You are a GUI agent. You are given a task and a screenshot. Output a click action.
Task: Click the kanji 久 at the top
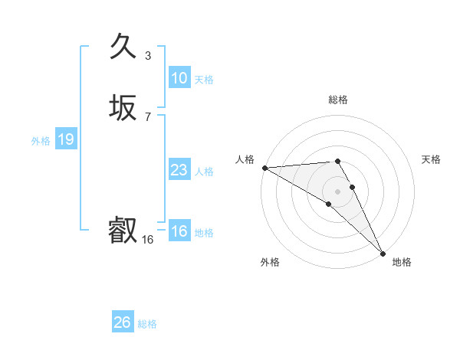pyautogui.click(x=123, y=47)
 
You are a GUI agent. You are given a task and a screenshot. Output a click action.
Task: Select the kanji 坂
pyautogui.click(x=123, y=108)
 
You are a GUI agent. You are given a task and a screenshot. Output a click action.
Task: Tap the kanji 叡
pyautogui.click(x=123, y=230)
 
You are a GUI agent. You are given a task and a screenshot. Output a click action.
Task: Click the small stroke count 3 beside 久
pyautogui.click(x=148, y=56)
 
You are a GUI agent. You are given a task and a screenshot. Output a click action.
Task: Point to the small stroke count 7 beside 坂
pyautogui.click(x=148, y=117)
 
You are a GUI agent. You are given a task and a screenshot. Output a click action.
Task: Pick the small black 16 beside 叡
pyautogui.click(x=148, y=240)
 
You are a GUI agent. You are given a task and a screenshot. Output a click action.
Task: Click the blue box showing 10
pyautogui.click(x=179, y=78)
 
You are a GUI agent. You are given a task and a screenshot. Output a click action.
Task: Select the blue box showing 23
pyautogui.click(x=179, y=170)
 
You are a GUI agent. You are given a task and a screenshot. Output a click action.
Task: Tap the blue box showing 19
pyautogui.click(x=65, y=139)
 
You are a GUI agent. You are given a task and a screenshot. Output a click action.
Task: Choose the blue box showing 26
pyautogui.click(x=122, y=322)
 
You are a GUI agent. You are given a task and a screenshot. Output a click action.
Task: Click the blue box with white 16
pyautogui.click(x=179, y=231)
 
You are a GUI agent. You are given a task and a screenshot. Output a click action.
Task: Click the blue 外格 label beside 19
pyautogui.click(x=41, y=141)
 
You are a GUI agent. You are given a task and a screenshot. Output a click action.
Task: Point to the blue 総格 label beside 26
pyautogui.click(x=147, y=324)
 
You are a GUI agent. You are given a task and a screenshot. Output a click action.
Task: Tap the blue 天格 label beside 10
pyautogui.click(x=204, y=80)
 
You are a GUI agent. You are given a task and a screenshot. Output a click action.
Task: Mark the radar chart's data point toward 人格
pyautogui.click(x=264, y=168)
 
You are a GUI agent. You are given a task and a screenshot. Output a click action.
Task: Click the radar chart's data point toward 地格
pyautogui.click(x=382, y=252)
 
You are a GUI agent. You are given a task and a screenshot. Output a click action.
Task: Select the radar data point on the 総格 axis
pyautogui.click(x=337, y=162)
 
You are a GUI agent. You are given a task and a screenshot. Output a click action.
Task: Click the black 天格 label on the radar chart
pyautogui.click(x=431, y=159)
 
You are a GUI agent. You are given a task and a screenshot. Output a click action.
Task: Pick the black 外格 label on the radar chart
pyautogui.click(x=270, y=262)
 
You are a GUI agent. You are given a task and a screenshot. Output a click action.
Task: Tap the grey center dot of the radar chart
pyautogui.click(x=337, y=191)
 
